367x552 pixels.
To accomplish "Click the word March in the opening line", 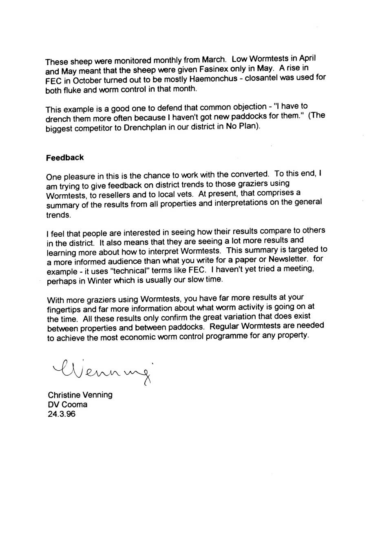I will [x=208, y=60].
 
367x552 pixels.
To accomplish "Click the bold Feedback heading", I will [x=65, y=157].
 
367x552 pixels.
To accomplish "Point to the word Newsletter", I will [x=288, y=260].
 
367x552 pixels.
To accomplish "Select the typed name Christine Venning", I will [x=80, y=395].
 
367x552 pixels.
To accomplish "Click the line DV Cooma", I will [x=67, y=405].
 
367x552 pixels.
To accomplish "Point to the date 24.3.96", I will [x=61, y=414].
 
